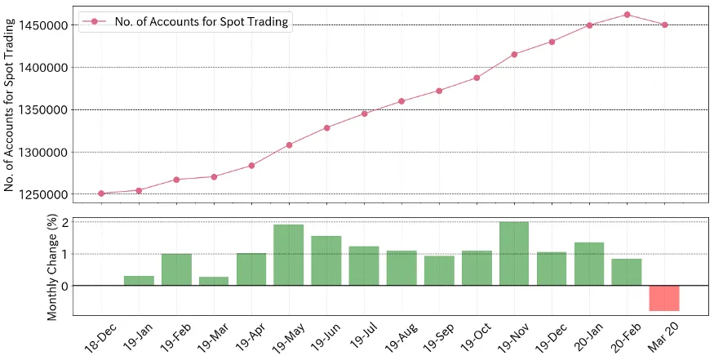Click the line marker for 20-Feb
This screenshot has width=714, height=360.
[627, 15]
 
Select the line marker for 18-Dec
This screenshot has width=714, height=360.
[101, 193]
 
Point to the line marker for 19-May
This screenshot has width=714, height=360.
[289, 145]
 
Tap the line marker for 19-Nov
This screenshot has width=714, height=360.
[514, 55]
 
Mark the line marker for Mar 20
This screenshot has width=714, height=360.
[664, 24]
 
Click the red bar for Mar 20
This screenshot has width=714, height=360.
[664, 298]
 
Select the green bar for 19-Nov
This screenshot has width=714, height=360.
[514, 254]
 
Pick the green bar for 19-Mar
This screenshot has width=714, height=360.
[214, 281]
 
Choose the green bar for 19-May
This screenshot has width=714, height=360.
[289, 255]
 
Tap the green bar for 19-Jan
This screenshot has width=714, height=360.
[139, 280]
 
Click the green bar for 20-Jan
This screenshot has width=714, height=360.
[589, 264]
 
